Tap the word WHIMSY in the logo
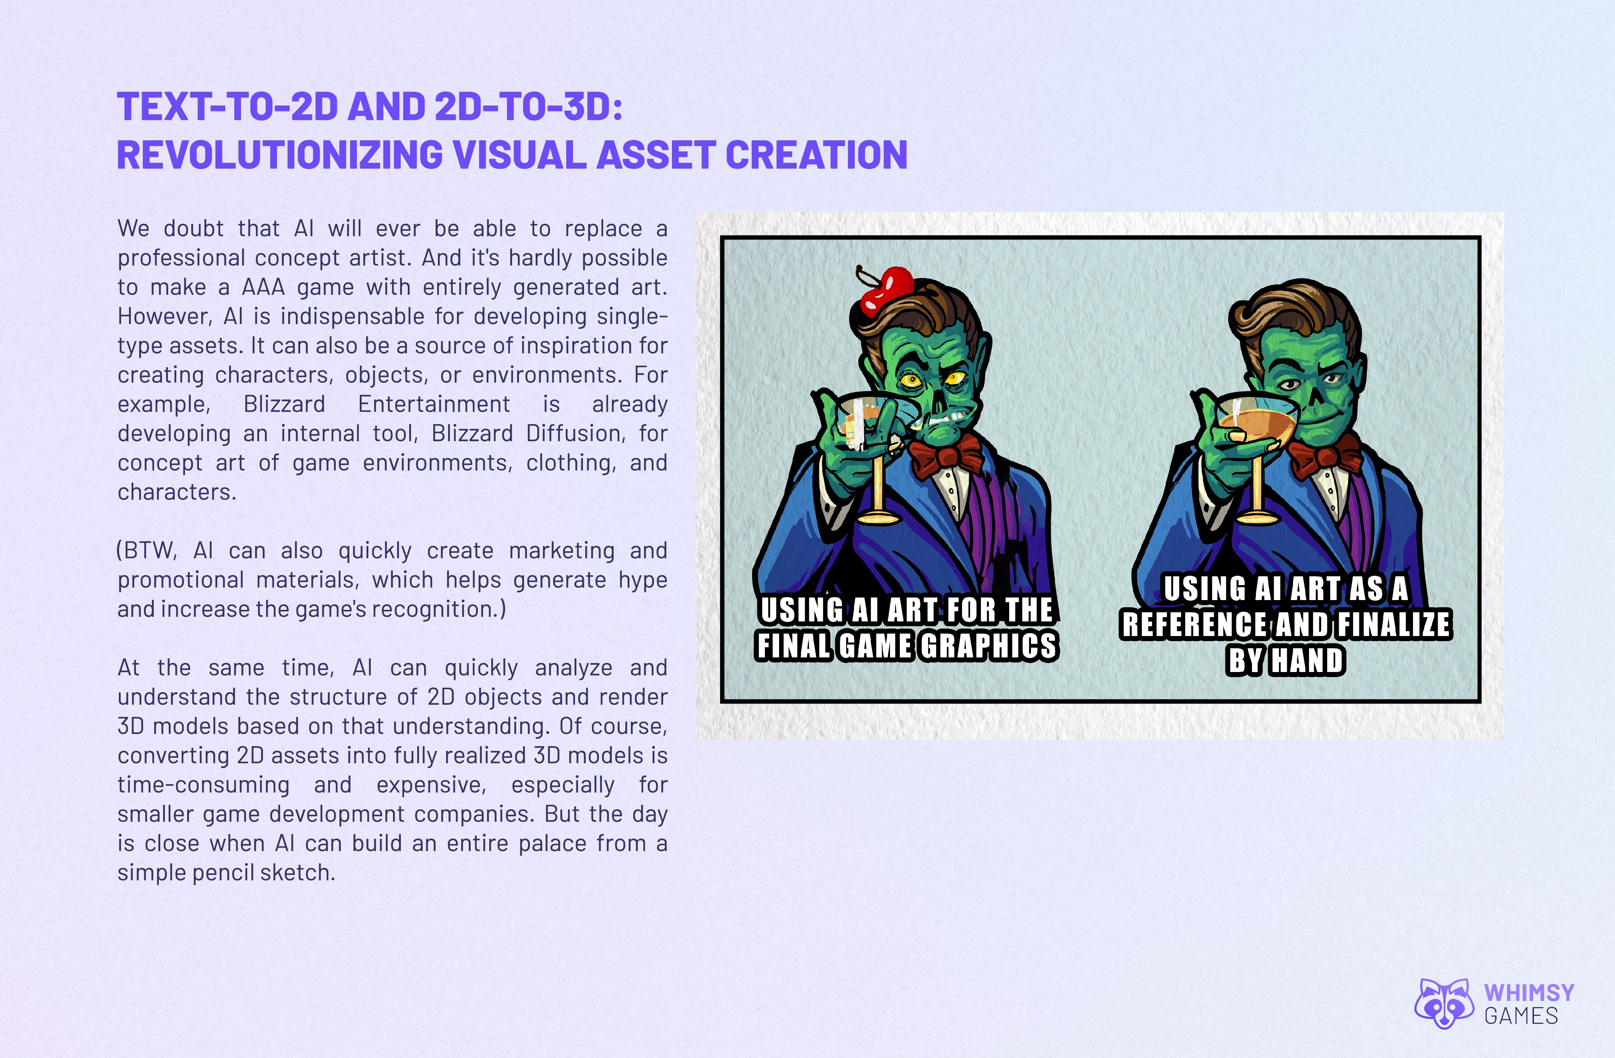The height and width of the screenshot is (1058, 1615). coord(1529,993)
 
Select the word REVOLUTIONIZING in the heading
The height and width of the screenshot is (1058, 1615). coord(280,155)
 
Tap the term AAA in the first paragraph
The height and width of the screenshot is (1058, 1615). coord(264,287)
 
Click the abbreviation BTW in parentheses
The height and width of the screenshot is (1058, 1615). coord(149,550)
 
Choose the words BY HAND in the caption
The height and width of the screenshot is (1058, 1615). coord(1285,660)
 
